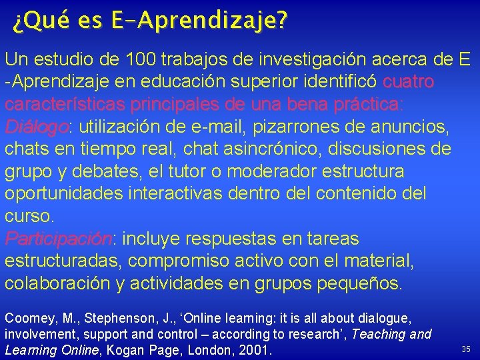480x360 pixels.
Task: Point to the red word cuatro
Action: point(409,82)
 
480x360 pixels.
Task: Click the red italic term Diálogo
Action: point(37,127)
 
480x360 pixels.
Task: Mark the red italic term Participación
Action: point(59,239)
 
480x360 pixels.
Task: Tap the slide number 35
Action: point(465,349)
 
